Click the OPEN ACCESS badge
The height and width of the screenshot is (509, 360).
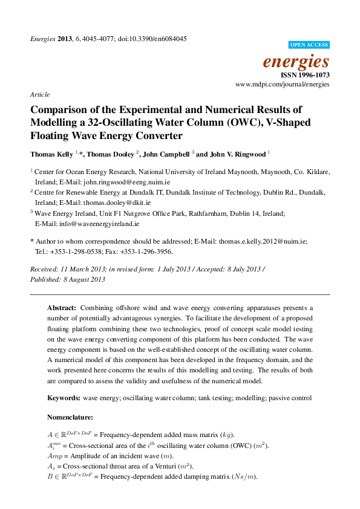pyautogui.click(x=309, y=45)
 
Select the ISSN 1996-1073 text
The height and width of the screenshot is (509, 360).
pyautogui.click(x=305, y=75)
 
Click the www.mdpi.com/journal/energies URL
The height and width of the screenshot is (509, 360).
pyautogui.click(x=283, y=85)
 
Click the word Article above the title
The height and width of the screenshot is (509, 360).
pyautogui.click(x=39, y=95)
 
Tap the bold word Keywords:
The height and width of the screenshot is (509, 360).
pyautogui.click(x=64, y=398)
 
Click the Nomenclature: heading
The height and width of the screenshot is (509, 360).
pyautogui.click(x=70, y=417)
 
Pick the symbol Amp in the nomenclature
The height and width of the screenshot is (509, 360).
pyautogui.click(x=54, y=456)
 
